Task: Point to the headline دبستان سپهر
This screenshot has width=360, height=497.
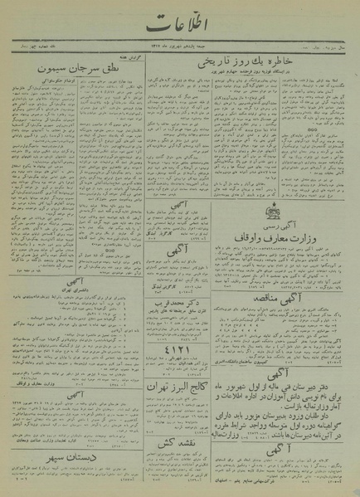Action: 63,456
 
